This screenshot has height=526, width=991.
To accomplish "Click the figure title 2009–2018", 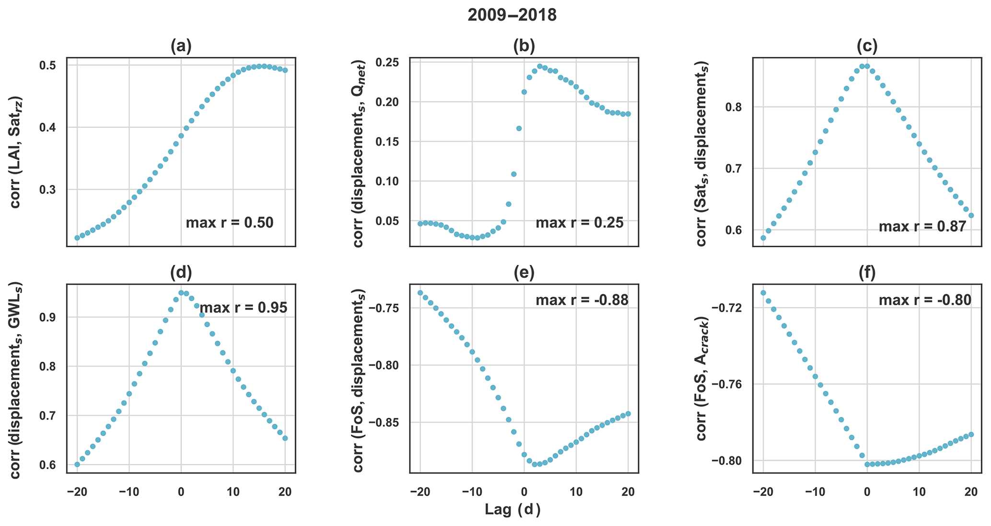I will coord(512,15).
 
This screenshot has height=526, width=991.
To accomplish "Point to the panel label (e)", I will coord(524,272).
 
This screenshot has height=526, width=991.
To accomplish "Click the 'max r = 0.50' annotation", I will coord(229,223).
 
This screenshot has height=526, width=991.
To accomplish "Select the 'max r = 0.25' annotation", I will coord(579,223).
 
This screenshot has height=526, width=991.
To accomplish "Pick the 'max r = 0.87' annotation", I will coord(922,227).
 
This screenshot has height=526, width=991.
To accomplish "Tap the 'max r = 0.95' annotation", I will coord(243,308).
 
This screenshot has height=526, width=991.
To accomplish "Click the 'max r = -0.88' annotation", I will coord(582,300).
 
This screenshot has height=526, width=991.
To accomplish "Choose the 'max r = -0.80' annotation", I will coord(925,300).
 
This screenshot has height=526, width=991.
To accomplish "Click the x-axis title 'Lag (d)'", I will coord(513,510).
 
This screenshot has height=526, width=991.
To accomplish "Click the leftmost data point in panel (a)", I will coord(77,238).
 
